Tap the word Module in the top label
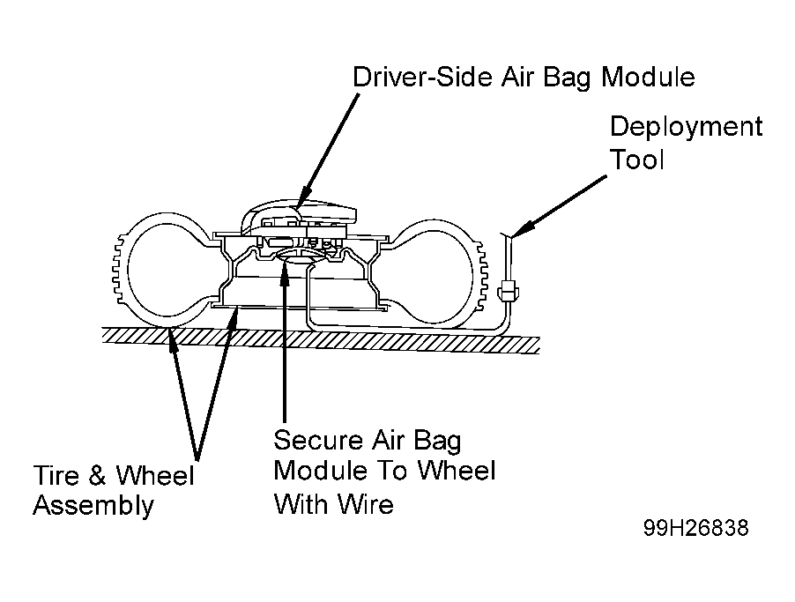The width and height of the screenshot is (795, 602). (x=648, y=77)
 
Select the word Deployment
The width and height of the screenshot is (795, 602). (x=686, y=127)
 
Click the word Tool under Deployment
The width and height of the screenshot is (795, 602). (x=637, y=160)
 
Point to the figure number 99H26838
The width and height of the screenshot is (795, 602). (x=695, y=528)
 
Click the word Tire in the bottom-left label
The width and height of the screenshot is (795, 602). (x=56, y=476)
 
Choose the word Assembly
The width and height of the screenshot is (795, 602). (x=93, y=507)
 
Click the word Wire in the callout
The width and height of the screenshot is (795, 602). (x=366, y=504)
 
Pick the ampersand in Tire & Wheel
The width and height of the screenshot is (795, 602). (x=97, y=476)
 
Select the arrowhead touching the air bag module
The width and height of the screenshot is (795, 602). (x=304, y=197)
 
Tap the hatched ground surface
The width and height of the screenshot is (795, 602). (x=321, y=339)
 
